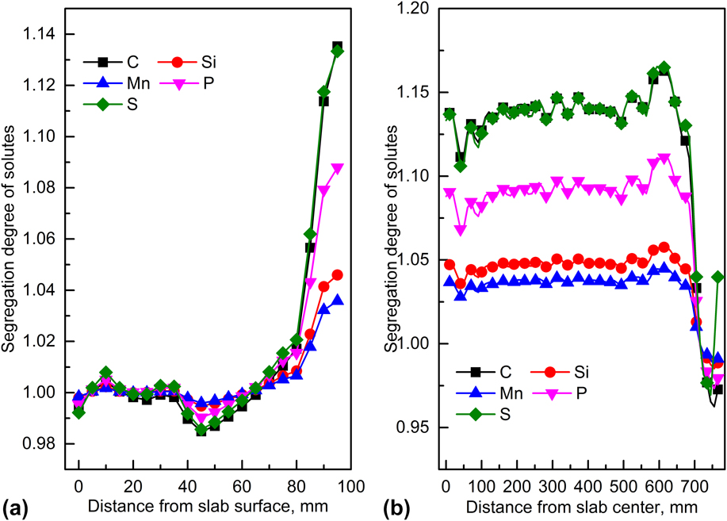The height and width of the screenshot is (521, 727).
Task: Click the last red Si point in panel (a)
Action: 337,275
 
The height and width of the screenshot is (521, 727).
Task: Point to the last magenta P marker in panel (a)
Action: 337,169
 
